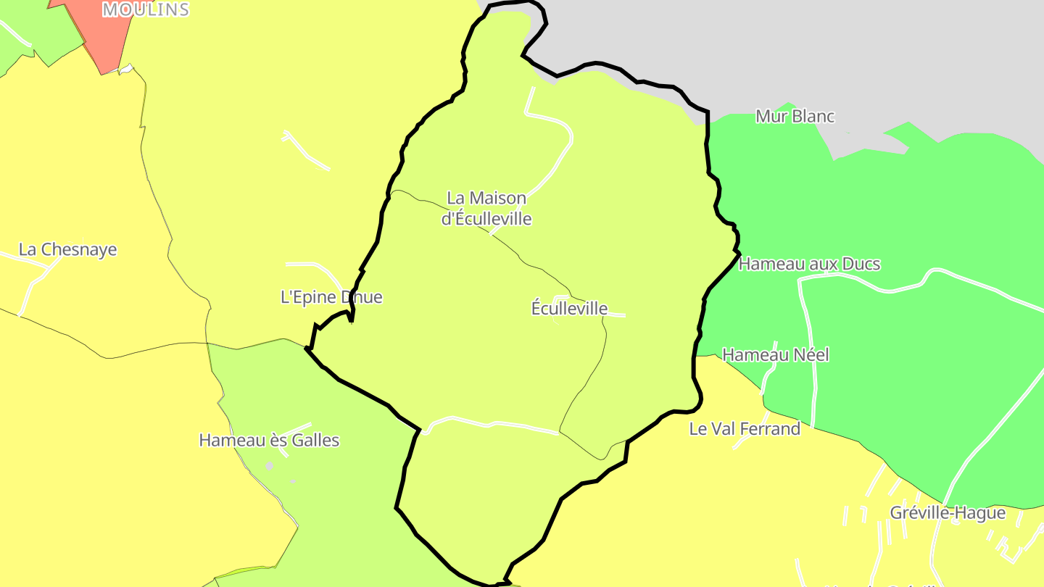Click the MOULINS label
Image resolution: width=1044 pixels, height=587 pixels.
point(146,9)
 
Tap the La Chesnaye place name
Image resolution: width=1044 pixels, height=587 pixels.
point(67,249)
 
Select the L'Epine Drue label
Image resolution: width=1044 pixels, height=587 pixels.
point(331,297)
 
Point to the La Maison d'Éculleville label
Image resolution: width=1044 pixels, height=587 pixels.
point(486,208)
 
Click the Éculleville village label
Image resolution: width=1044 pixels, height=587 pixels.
point(569,308)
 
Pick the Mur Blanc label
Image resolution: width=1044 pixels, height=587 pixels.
point(795,116)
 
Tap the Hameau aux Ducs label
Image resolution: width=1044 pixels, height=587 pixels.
point(809,264)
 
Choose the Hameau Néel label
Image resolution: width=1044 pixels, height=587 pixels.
point(776,355)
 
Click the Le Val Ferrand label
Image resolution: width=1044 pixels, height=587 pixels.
point(745,429)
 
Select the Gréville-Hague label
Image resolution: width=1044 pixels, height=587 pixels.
point(948,513)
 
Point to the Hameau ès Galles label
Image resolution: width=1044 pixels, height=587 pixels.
point(269,440)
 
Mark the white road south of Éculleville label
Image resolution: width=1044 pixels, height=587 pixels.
point(493,423)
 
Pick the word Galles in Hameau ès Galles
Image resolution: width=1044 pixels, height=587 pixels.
point(315,440)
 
